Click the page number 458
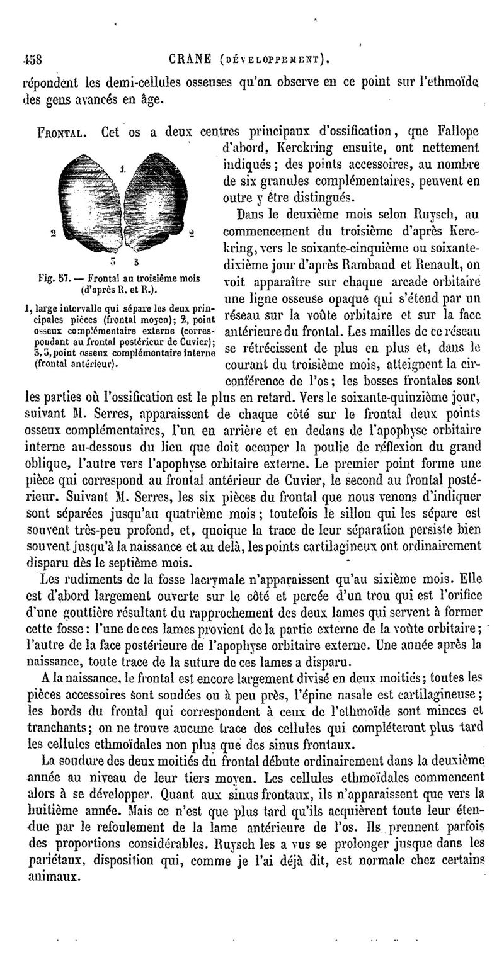(31, 61)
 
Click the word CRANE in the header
(190, 61)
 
